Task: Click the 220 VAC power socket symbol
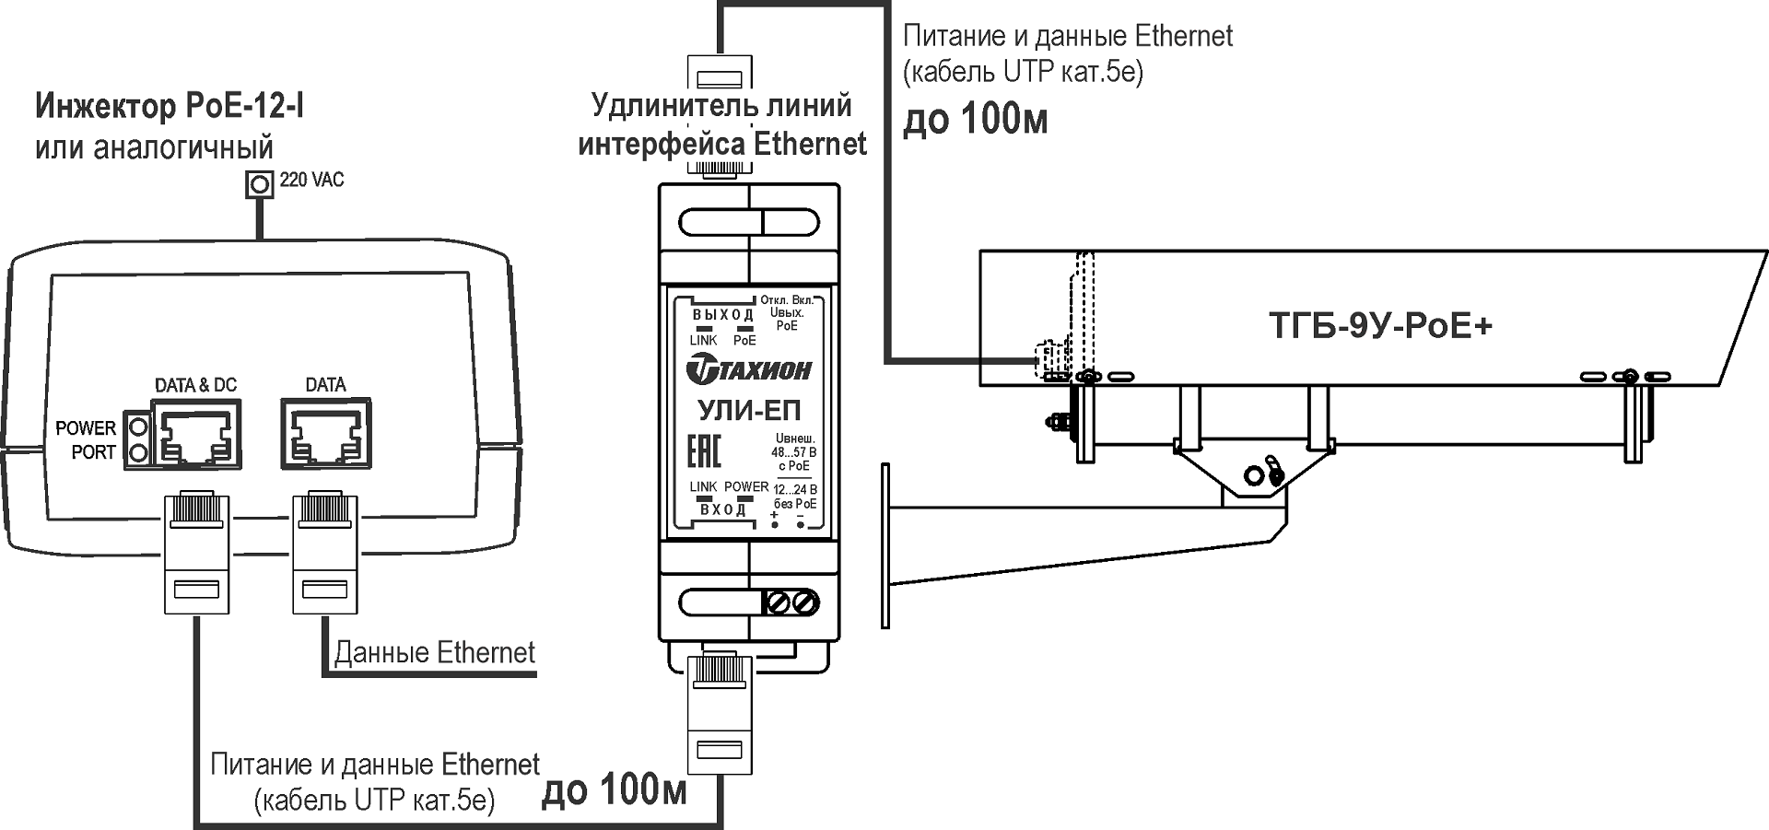click(261, 184)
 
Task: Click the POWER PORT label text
click(86, 440)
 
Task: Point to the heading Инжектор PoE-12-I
click(170, 108)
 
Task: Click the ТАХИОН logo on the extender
click(748, 370)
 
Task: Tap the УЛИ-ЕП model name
click(748, 410)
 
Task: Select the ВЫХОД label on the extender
click(722, 315)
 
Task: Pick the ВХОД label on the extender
click(722, 509)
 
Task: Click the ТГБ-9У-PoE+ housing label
click(1380, 326)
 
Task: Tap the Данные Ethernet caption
click(434, 653)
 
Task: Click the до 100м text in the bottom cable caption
click(615, 790)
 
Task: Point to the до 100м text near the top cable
click(975, 121)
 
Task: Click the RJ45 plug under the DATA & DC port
click(195, 553)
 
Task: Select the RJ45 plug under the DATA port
click(324, 553)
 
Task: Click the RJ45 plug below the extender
click(720, 714)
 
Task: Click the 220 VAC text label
click(311, 180)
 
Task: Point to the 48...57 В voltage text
click(793, 452)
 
